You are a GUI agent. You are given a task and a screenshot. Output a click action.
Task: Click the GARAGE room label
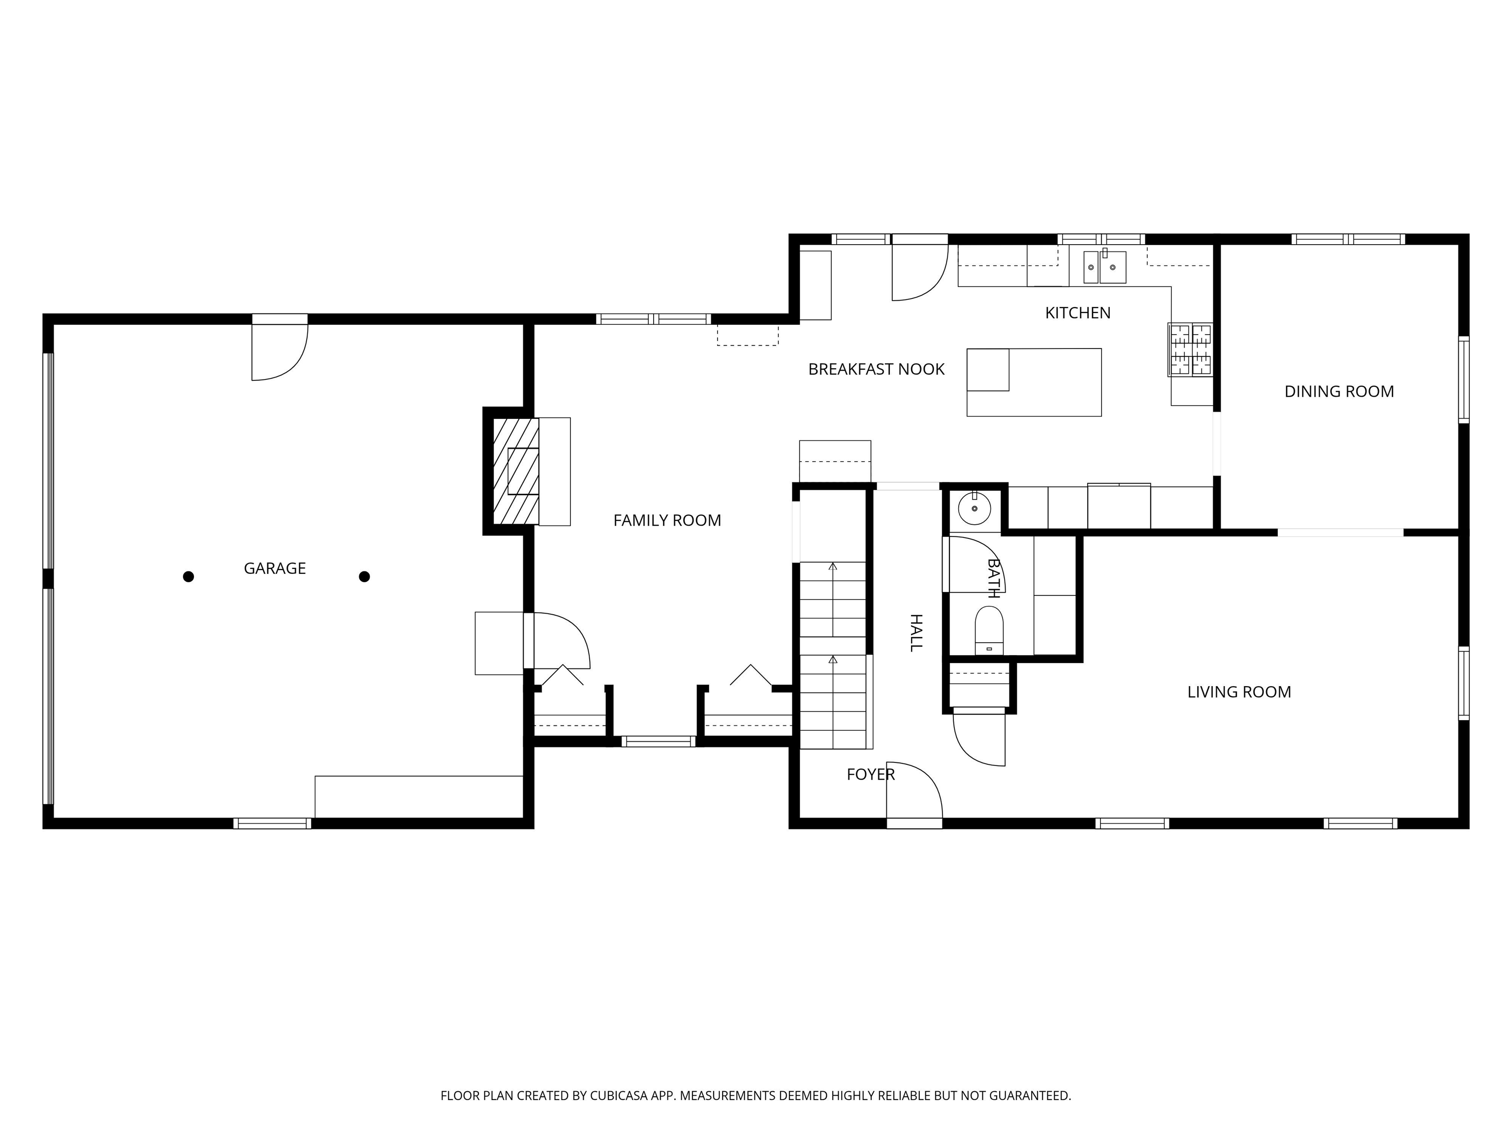275,568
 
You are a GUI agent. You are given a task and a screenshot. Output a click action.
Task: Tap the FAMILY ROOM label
666,520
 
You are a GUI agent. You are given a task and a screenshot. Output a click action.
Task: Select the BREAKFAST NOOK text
876,369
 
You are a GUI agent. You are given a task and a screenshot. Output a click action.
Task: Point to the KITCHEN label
1077,313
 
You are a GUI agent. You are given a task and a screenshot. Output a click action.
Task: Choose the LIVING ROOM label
1238,692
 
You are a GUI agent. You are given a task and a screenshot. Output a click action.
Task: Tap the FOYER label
870,774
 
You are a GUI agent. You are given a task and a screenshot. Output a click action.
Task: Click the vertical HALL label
916,632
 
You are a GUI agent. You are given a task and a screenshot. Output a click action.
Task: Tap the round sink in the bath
974,508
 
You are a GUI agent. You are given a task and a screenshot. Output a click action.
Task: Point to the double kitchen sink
1104,267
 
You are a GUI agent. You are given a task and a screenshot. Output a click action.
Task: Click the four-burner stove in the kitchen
1190,350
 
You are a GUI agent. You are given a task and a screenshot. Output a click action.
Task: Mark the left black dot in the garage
189,577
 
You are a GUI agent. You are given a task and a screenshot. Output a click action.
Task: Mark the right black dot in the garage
364,577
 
